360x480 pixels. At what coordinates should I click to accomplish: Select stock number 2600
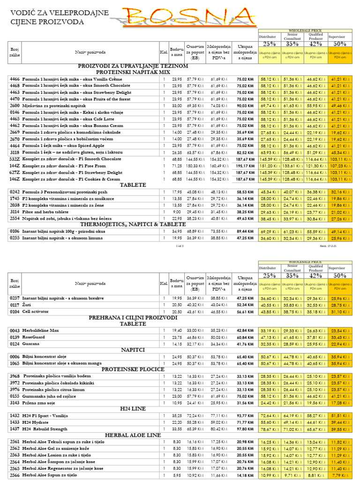[x=15, y=106]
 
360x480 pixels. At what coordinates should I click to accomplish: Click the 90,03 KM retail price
[x=245, y=106]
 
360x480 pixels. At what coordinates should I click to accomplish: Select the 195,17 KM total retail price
[x=245, y=166]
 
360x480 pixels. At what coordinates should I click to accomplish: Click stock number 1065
[x=15, y=363]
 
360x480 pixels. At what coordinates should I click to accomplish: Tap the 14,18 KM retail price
[x=245, y=475]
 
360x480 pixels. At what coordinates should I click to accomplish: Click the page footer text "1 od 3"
[x=180, y=246]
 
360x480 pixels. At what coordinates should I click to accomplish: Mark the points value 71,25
[x=176, y=166]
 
